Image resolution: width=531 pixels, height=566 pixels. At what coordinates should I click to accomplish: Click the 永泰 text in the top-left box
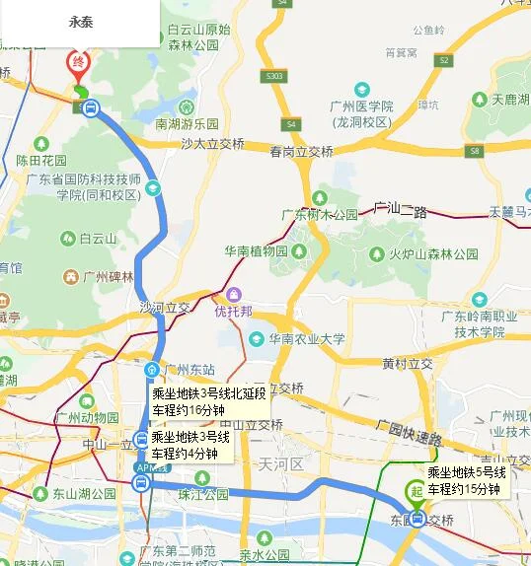pyautogui.click(x=81, y=22)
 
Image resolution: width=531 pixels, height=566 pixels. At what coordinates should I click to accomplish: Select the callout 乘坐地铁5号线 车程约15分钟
pyautogui.click(x=466, y=480)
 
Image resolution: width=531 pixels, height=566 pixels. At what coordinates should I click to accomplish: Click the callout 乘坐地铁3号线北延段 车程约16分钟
pyautogui.click(x=208, y=402)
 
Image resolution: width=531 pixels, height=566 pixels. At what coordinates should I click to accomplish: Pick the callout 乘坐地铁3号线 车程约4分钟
pyautogui.click(x=190, y=445)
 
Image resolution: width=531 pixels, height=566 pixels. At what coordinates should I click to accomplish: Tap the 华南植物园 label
pyautogui.click(x=255, y=250)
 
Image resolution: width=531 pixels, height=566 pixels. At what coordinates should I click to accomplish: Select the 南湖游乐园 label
pyautogui.click(x=186, y=124)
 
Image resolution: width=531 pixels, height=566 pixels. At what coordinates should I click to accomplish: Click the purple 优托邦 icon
pyautogui.click(x=234, y=294)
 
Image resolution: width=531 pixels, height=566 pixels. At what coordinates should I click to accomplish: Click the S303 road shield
pyautogui.click(x=273, y=75)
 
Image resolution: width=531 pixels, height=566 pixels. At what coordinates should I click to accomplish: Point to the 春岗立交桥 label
pyautogui.click(x=301, y=152)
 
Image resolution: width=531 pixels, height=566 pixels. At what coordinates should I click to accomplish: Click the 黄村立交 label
pyautogui.click(x=407, y=364)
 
